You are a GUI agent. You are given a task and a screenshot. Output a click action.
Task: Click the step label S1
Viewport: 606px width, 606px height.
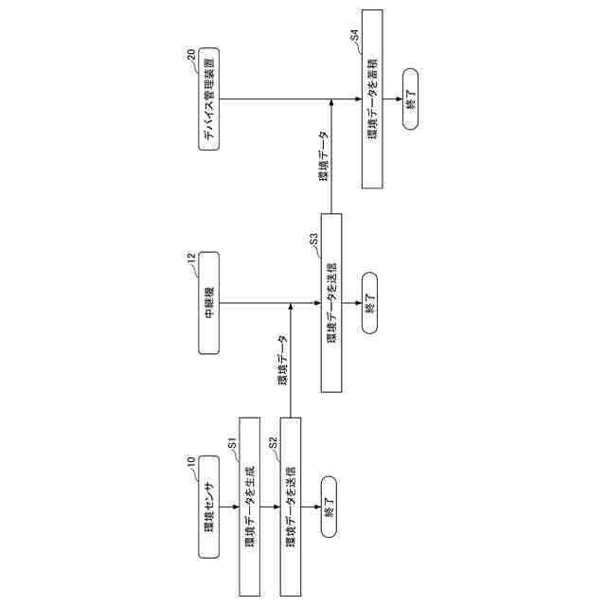click(232, 442)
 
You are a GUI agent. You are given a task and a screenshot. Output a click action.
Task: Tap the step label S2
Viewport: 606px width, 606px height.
click(273, 442)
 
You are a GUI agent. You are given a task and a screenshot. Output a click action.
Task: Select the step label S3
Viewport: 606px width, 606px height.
click(313, 239)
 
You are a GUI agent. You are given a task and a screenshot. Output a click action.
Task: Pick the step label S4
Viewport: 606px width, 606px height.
click(354, 35)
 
